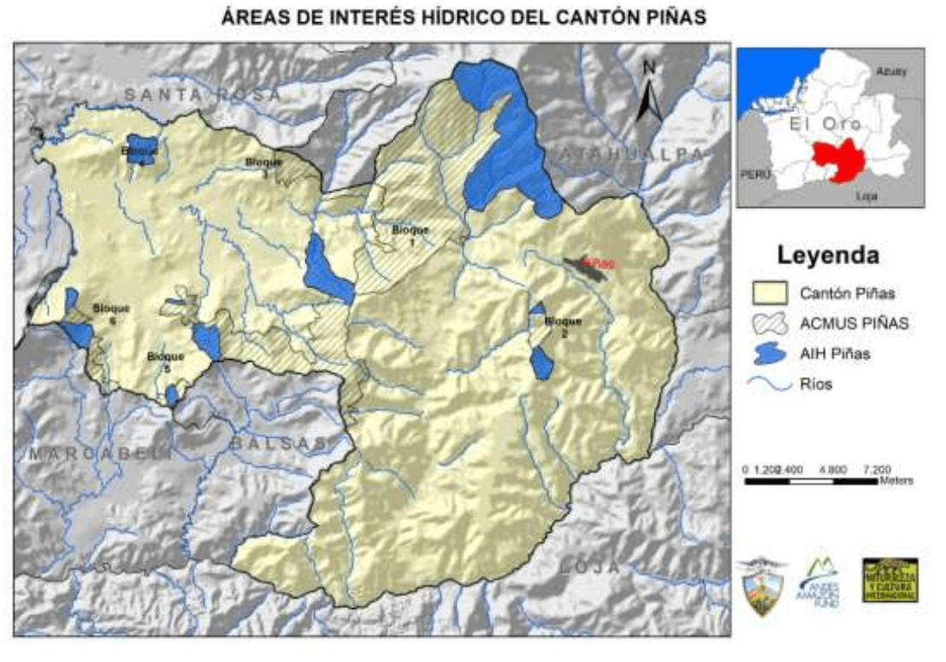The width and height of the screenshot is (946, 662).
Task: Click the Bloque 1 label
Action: pyautogui.click(x=408, y=235)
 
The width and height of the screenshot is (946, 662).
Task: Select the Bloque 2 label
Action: pyautogui.click(x=562, y=327)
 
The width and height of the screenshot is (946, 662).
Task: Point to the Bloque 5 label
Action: pyautogui.click(x=165, y=362)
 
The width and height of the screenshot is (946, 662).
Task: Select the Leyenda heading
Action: pyautogui.click(x=828, y=255)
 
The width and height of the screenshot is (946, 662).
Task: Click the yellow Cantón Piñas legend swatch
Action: pyautogui.click(x=769, y=293)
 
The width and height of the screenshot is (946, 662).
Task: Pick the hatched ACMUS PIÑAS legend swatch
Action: pyautogui.click(x=769, y=323)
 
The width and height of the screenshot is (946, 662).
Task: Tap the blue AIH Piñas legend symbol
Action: pyautogui.click(x=769, y=355)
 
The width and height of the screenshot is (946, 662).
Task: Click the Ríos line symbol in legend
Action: pyautogui.click(x=769, y=385)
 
